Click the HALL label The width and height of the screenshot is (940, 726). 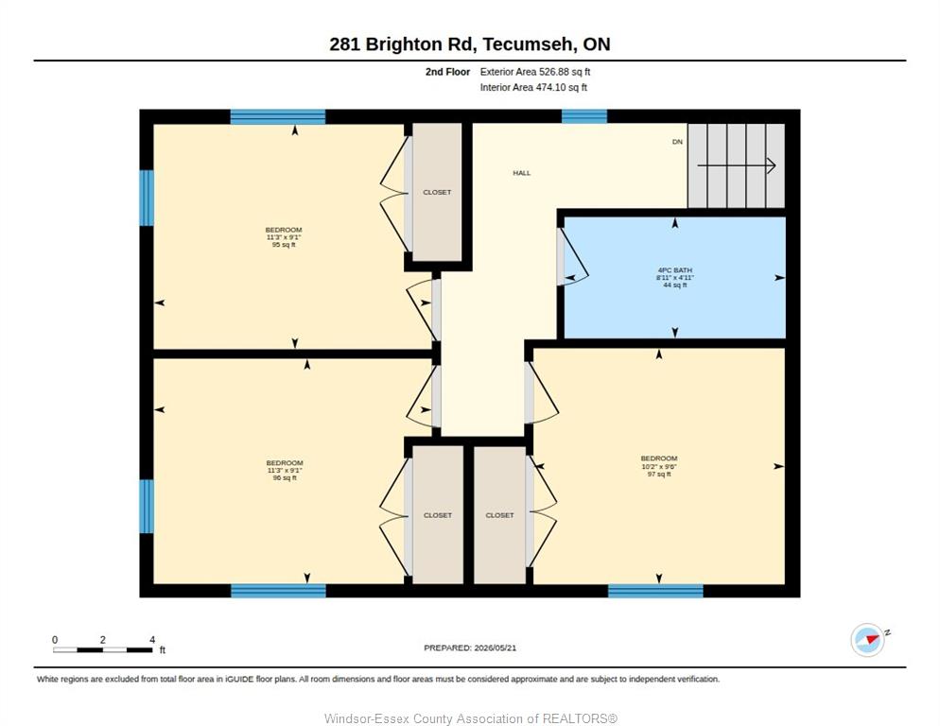click(x=522, y=173)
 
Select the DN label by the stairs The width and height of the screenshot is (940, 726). click(x=677, y=142)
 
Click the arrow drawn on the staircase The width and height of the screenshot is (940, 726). click(x=737, y=165)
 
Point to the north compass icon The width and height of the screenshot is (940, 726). click(x=868, y=640)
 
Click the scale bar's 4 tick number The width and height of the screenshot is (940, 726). click(x=153, y=640)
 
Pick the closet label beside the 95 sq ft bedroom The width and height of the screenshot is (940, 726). click(x=437, y=193)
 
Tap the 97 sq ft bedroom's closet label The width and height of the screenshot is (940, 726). click(x=500, y=515)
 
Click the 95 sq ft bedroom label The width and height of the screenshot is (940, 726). click(x=284, y=237)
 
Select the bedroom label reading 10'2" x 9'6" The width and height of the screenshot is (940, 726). click(x=659, y=466)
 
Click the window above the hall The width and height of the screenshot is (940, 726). click(x=583, y=116)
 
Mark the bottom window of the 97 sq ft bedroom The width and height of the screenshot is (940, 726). click(x=655, y=591)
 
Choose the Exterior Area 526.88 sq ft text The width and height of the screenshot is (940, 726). click(x=534, y=72)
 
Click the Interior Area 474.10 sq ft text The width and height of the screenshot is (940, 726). click(x=533, y=88)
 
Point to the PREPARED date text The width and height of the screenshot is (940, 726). click(x=470, y=648)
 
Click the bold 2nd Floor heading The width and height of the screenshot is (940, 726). click(x=448, y=72)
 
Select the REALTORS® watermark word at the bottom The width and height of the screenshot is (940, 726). click(x=580, y=718)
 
